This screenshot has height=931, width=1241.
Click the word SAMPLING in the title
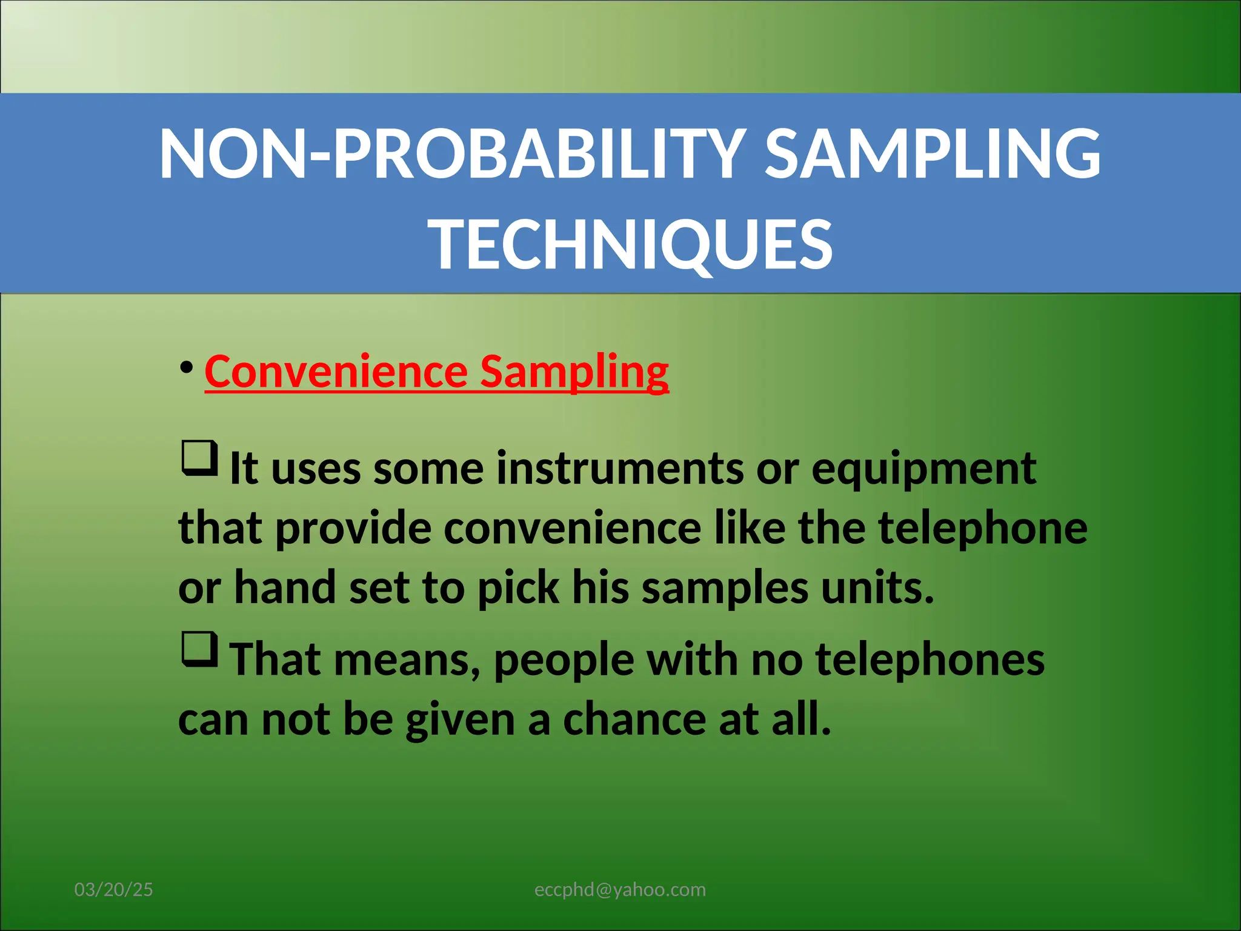coord(933,155)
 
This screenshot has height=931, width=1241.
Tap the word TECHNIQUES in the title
coord(631,245)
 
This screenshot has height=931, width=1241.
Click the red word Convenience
coord(336,372)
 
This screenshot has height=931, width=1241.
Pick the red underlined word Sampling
coord(574,372)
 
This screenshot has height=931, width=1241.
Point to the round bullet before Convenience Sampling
coord(187,367)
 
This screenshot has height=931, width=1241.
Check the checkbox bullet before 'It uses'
coord(199,459)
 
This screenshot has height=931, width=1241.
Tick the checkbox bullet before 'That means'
coord(199,649)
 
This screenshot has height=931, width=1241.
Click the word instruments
coord(619,469)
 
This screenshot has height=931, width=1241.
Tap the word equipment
coord(923,469)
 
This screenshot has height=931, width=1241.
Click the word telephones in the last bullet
coord(930,659)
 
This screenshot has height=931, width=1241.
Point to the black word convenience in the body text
coord(573,528)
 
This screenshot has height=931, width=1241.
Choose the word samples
coord(725,588)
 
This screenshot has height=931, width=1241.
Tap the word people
coord(564,659)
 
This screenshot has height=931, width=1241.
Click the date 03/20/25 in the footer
coord(113,889)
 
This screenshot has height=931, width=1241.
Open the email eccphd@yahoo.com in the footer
coord(620,889)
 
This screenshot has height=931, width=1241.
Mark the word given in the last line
coord(460,719)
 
